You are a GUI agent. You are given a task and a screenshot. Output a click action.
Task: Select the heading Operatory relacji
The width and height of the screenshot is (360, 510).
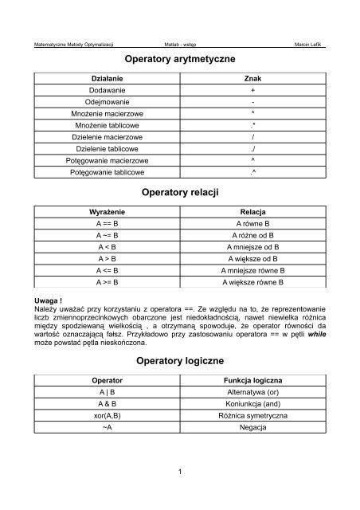(x=180, y=193)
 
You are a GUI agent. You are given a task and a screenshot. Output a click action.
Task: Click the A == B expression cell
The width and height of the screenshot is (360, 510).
(x=107, y=226)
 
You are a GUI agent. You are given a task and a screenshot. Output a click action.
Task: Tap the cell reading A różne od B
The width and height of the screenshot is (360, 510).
(x=252, y=237)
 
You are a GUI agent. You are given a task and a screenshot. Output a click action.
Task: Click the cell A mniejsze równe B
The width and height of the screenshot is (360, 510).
(x=252, y=270)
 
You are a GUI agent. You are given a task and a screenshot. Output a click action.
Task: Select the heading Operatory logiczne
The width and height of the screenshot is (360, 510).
(x=180, y=361)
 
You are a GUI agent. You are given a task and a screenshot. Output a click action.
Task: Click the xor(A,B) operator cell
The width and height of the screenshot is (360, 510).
(x=107, y=415)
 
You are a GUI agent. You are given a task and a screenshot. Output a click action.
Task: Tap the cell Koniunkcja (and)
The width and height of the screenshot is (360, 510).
(x=252, y=404)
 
